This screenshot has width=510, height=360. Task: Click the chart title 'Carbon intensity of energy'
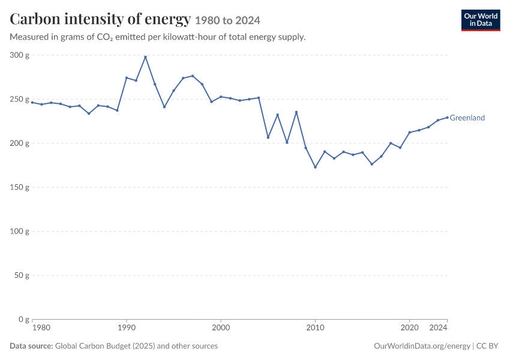click(x=100, y=19)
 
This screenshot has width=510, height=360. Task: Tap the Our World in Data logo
click(x=481, y=20)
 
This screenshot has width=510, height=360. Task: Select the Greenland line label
click(x=467, y=118)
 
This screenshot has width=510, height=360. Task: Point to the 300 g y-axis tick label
click(x=20, y=55)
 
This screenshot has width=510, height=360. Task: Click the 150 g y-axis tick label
click(x=20, y=187)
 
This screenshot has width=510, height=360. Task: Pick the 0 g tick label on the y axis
click(x=24, y=319)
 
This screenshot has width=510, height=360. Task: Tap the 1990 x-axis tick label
click(x=127, y=328)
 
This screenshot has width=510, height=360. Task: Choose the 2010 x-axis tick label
click(x=315, y=328)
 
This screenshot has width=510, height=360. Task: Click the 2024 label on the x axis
click(x=438, y=328)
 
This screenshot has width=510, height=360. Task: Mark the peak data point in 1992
click(x=145, y=57)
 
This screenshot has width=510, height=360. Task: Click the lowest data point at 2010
click(x=315, y=167)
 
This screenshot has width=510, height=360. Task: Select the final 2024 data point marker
click(x=447, y=118)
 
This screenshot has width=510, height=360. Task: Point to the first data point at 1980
click(x=32, y=103)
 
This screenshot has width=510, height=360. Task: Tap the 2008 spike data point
click(x=296, y=112)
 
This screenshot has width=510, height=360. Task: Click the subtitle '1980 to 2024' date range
click(x=227, y=20)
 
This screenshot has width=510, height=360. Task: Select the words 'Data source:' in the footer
click(x=31, y=346)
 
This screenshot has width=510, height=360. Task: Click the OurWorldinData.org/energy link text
click(x=422, y=346)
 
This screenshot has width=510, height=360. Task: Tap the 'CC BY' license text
click(x=487, y=346)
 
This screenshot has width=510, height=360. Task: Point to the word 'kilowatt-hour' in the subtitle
click(x=189, y=37)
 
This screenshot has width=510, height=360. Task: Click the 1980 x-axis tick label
click(x=41, y=328)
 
